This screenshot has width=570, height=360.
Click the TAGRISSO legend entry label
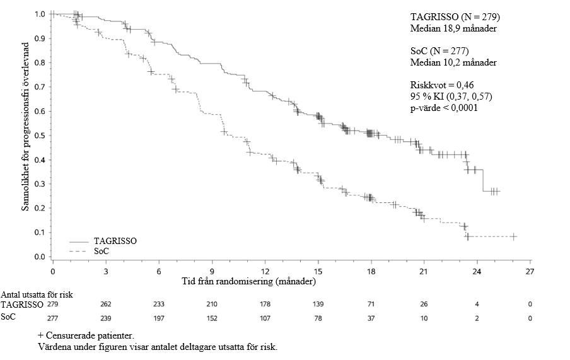pos(115,241)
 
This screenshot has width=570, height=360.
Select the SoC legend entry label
pos(101,252)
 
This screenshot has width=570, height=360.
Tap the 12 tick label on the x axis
pos(265,272)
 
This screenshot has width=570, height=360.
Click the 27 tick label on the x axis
pos(530,272)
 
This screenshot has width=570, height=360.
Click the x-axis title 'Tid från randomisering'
pos(248,281)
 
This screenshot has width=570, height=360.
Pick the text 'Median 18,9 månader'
pos(453,28)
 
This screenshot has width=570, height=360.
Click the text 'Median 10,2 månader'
pos(453,62)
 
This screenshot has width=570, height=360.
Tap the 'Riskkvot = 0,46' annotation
pos(442,85)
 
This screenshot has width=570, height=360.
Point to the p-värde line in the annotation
pos(444,108)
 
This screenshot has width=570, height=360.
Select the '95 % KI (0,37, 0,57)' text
pos(451,96)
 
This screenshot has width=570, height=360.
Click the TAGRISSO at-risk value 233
pos(159,305)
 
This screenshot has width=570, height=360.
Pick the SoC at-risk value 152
pos(212,318)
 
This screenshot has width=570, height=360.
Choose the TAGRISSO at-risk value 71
pos(371,305)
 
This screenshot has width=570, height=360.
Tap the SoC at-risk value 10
pos(424,318)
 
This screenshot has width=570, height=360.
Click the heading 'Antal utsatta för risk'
pos(37,294)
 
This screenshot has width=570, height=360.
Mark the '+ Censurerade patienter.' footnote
pos(86,335)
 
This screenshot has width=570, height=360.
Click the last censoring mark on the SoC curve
pos(513,236)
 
